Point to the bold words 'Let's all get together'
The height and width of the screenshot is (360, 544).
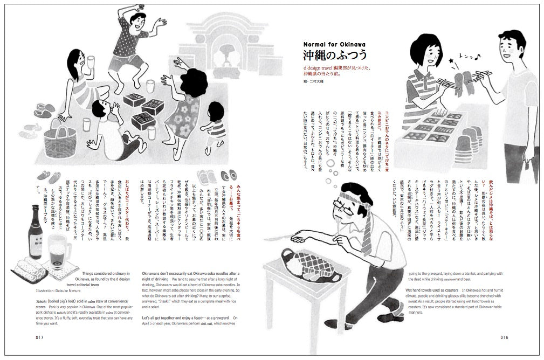(166, 319)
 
